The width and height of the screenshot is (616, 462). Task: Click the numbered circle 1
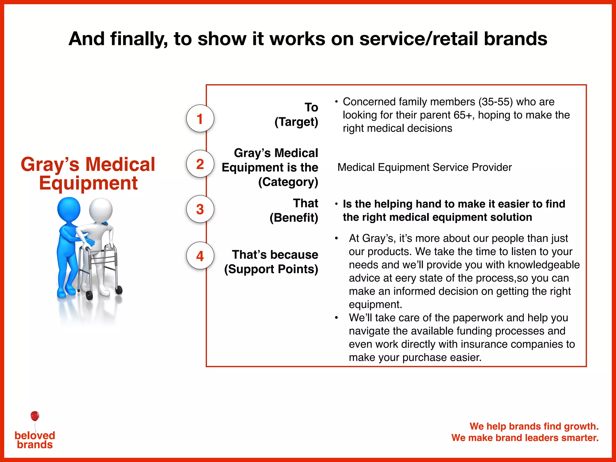pyautogui.click(x=200, y=119)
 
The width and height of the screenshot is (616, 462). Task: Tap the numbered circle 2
pyautogui.click(x=200, y=164)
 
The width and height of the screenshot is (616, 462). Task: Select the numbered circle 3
pyautogui.click(x=200, y=209)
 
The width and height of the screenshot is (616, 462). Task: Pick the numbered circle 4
pyautogui.click(x=200, y=256)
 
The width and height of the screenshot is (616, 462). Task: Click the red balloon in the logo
pyautogui.click(x=35, y=416)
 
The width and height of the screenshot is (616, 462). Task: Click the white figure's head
pyautogui.click(x=101, y=210)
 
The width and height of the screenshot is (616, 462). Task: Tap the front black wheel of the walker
pyautogui.click(x=89, y=295)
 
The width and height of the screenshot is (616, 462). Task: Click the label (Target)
pyautogui.click(x=296, y=122)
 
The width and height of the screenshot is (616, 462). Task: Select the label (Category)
pyautogui.click(x=288, y=182)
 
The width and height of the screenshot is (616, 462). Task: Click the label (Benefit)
pyautogui.click(x=294, y=217)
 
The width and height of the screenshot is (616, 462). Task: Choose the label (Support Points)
pyautogui.click(x=271, y=269)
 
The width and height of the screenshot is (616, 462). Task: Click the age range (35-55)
pyautogui.click(x=495, y=102)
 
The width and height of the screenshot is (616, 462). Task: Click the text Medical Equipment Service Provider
pyautogui.click(x=424, y=167)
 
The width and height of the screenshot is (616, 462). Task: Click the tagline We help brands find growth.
pyautogui.click(x=534, y=426)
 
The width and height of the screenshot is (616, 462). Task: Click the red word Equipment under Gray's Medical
pyautogui.click(x=88, y=183)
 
